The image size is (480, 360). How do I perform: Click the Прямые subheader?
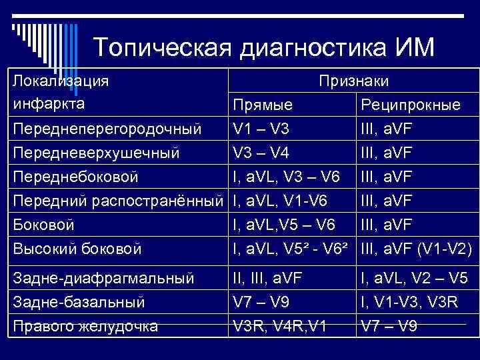pos(263,105)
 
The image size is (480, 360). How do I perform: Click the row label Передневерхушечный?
pos(97,153)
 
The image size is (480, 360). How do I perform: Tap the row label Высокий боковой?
pos(77,249)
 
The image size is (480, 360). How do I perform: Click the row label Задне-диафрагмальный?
pos(103,277)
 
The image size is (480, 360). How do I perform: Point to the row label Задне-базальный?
pos(79,301)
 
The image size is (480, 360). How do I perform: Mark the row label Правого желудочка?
pos(86,326)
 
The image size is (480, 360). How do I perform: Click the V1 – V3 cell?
pos(261,128)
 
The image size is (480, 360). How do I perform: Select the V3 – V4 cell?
pos(261,153)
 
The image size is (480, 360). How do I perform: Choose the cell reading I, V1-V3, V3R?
pos(409,301)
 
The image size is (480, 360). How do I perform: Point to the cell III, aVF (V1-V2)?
pos(416,249)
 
